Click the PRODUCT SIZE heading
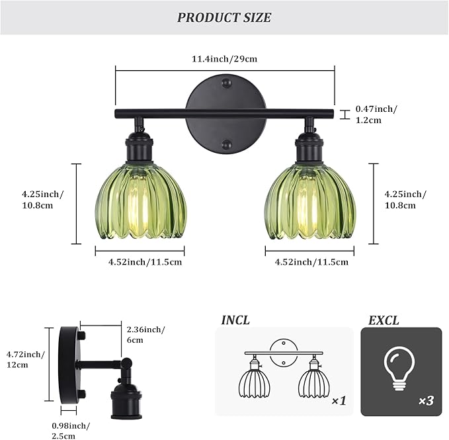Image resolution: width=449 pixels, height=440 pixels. pos(224,17)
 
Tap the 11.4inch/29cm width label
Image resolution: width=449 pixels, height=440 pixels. pos(224,59)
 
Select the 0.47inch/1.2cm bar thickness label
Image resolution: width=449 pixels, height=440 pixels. pos(377,114)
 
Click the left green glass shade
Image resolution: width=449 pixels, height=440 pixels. pos(140,204)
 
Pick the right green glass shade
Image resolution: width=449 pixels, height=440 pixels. pos(309,204)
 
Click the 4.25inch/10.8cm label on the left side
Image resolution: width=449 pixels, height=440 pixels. pos(42,200)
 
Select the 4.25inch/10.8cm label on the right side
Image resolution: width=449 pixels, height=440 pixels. pos(405,200)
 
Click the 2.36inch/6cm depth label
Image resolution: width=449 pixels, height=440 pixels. pos(145,334)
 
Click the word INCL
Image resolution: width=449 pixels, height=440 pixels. pos(235,321)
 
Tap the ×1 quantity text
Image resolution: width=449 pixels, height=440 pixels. pos(339,401)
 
